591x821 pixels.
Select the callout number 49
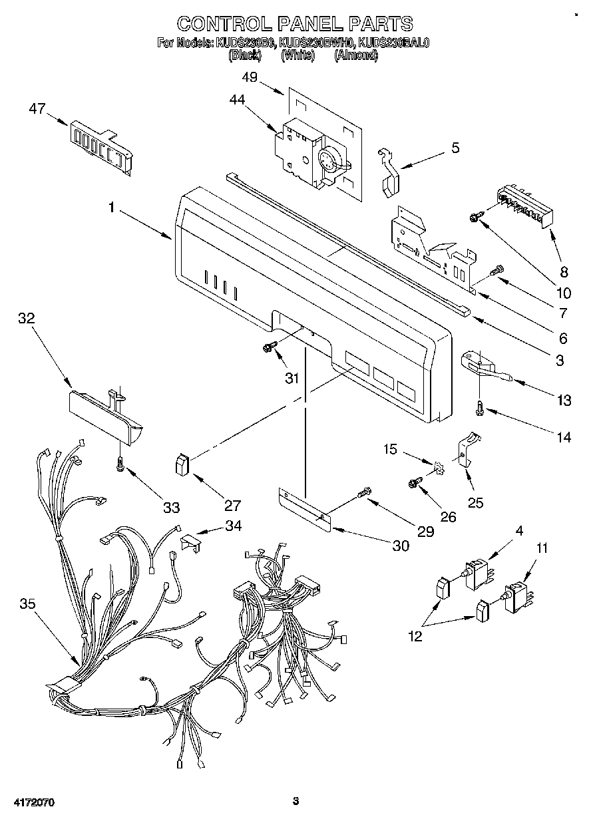[x=249, y=77]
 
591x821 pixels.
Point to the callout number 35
[x=27, y=604]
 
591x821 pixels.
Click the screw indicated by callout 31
[x=270, y=346]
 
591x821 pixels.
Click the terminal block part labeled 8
[x=525, y=203]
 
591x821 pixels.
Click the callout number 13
[x=564, y=400]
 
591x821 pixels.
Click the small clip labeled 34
[x=190, y=542]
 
